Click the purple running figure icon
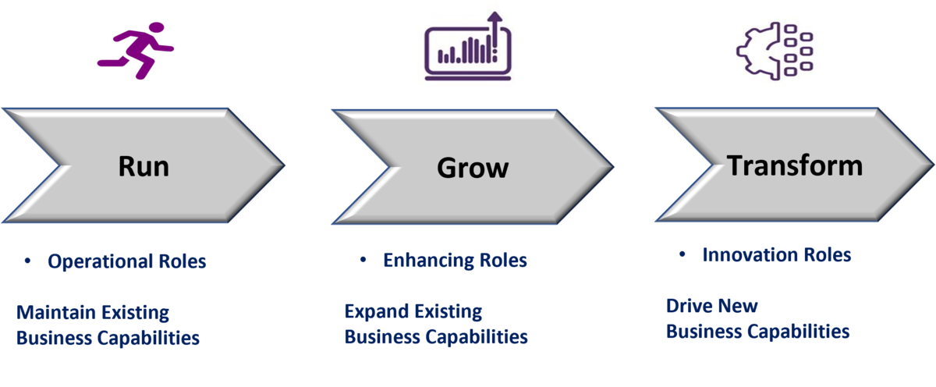coord(136,51)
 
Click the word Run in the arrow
coord(144,166)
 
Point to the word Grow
coord(473,167)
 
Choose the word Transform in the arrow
coord(795,165)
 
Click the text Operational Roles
coord(127,261)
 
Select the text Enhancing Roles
coord(455,261)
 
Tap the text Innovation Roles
coord(776,255)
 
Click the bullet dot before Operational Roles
coord(28,262)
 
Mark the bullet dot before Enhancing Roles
coord(363,261)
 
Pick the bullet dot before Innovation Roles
coord(682,255)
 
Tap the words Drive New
coord(712,306)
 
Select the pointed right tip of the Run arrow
coord(284,165)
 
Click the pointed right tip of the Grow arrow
coord(612,165)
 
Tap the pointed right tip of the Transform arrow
coord(932,165)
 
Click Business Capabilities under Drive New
coord(757,332)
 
